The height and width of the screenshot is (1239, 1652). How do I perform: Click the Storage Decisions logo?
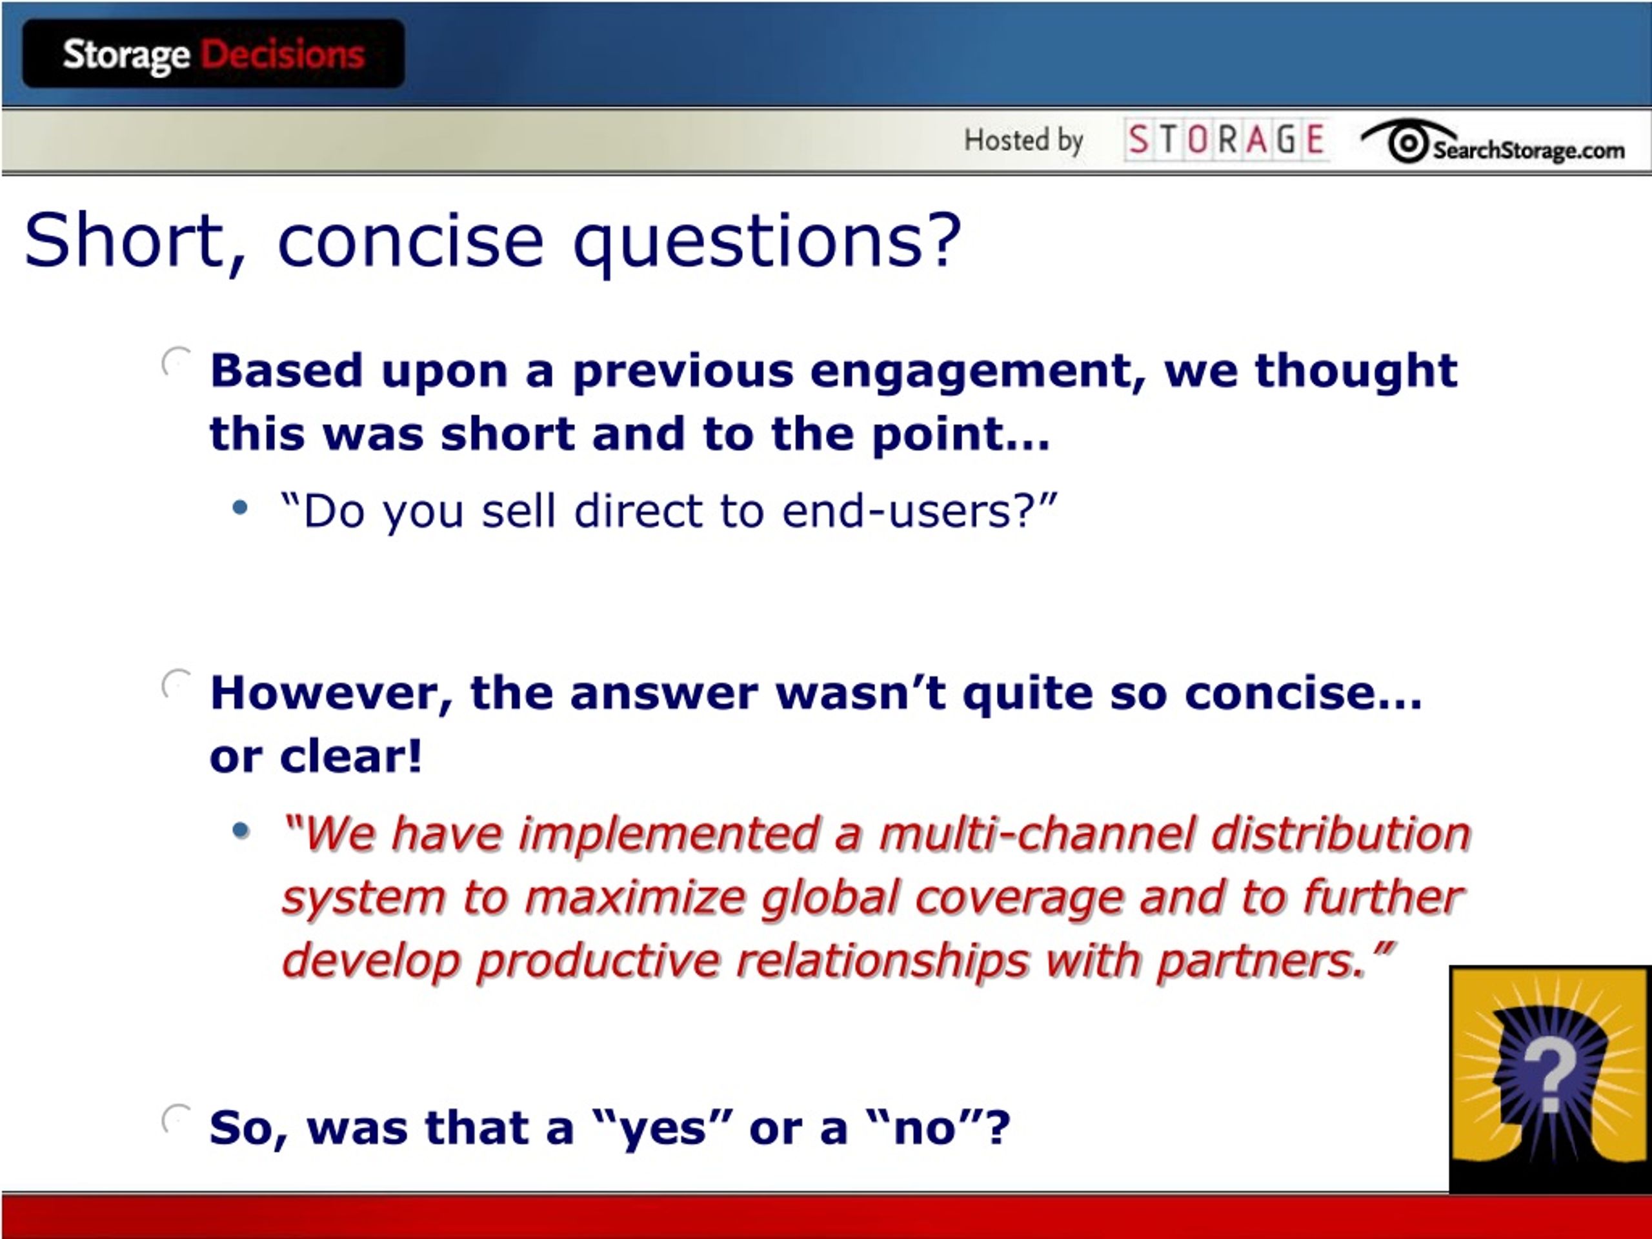(214, 54)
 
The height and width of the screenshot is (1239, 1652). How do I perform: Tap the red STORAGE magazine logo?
(1225, 139)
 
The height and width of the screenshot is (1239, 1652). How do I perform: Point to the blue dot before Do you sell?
(240, 509)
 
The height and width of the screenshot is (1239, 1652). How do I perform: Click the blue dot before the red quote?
(240, 830)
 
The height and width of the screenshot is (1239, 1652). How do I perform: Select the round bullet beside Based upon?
(176, 362)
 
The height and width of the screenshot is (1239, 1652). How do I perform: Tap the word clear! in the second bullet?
(351, 756)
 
